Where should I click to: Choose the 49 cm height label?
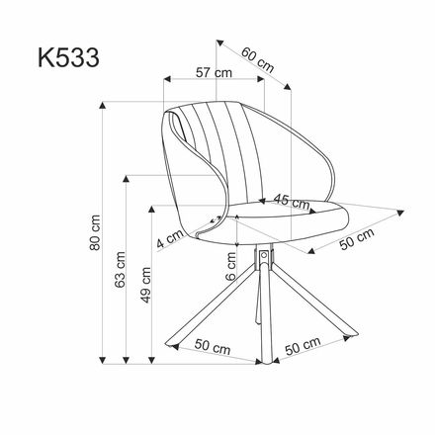point(145,286)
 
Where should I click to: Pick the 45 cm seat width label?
point(291,201)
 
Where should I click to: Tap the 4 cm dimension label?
point(169,237)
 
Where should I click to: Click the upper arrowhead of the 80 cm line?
point(104,102)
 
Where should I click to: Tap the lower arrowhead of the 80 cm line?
point(104,361)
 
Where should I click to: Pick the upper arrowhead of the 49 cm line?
point(153,209)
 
